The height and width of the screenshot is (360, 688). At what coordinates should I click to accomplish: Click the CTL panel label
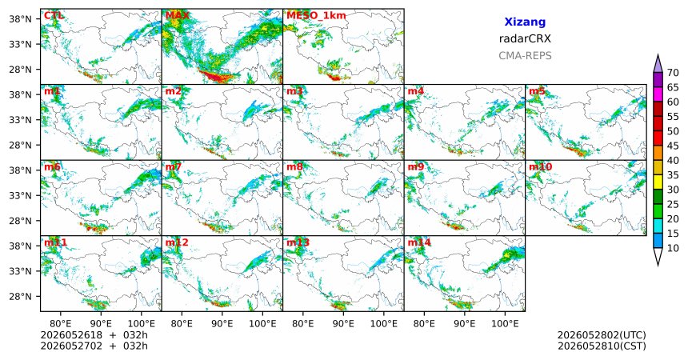tap(54, 16)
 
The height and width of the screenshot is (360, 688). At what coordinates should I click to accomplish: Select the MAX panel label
tap(178, 16)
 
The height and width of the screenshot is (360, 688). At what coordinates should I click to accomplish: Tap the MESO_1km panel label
tap(316, 16)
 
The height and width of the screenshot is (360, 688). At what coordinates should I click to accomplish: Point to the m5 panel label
tap(537, 91)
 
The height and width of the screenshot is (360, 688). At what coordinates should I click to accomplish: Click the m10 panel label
tap(540, 167)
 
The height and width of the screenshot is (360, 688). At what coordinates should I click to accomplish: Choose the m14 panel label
tap(419, 242)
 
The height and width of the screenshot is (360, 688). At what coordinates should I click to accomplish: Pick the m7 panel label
tap(174, 167)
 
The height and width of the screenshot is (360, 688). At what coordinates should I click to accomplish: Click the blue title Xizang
tap(525, 22)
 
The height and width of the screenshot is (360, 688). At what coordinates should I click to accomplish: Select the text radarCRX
tap(525, 38)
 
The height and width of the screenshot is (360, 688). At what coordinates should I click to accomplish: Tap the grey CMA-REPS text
tap(525, 56)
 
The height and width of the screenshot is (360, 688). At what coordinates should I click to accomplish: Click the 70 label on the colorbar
tap(672, 73)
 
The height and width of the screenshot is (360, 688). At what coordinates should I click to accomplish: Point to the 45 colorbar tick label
tap(672, 146)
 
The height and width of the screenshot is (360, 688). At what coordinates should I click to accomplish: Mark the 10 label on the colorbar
tap(672, 248)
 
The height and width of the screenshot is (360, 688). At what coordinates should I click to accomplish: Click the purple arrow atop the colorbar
tap(658, 64)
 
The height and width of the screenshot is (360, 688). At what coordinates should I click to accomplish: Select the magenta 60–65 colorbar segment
tap(658, 94)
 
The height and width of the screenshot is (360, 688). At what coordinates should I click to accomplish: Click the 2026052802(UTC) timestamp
tap(602, 335)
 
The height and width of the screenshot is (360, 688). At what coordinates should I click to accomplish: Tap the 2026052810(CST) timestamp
tap(602, 346)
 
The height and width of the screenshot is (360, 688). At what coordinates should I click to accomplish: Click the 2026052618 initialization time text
tap(71, 335)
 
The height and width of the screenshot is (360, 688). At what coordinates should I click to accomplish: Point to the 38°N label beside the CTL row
tap(20, 19)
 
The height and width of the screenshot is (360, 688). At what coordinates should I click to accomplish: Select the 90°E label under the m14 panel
tap(464, 323)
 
